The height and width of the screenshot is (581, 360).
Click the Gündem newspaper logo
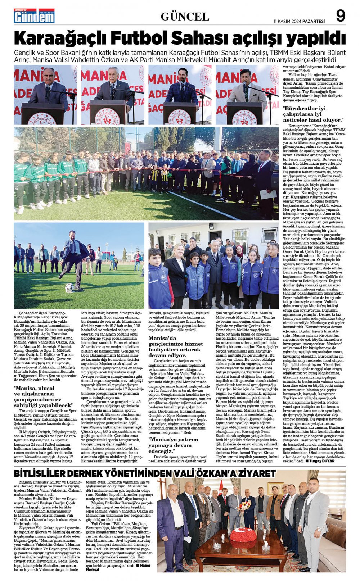pyautogui.click(x=34, y=16)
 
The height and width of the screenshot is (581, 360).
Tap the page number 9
pyautogui.click(x=340, y=16)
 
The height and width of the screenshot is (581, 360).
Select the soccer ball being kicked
pyautogui.click(x=69, y=287)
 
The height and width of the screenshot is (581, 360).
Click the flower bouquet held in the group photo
pyautogui.click(x=245, y=505)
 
